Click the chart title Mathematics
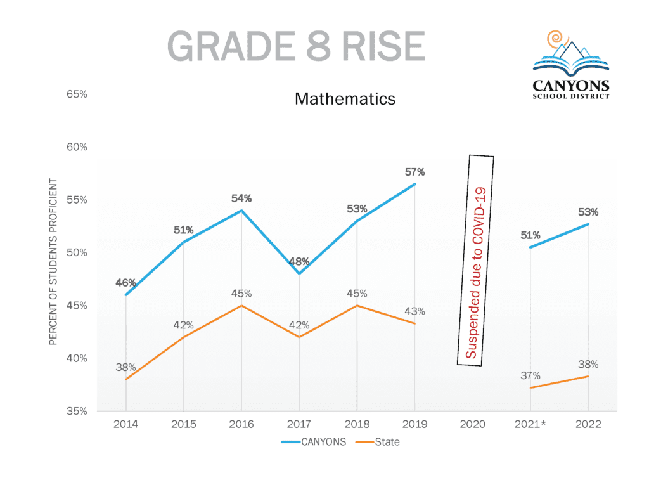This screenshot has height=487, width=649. pyautogui.click(x=345, y=99)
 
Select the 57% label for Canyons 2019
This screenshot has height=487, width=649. pyautogui.click(x=414, y=172)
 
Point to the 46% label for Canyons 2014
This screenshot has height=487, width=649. pyautogui.click(x=126, y=283)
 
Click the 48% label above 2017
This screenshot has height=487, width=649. pyautogui.click(x=299, y=261)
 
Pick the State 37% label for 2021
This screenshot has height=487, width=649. pyautogui.click(x=530, y=375)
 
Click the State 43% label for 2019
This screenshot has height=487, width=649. pyautogui.click(x=414, y=311)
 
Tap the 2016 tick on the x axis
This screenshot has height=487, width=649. pyautogui.click(x=241, y=424)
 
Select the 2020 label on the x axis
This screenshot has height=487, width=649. pyautogui.click(x=472, y=424)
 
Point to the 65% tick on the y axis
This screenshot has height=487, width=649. pyautogui.click(x=77, y=94)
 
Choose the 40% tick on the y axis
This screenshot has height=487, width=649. pyautogui.click(x=77, y=358)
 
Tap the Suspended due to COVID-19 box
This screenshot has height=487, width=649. pyautogui.click(x=475, y=261)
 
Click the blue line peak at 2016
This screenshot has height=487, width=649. pyautogui.click(x=241, y=211)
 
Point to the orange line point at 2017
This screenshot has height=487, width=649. pyautogui.click(x=299, y=337)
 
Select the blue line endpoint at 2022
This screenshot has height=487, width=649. pyautogui.click(x=588, y=224)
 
